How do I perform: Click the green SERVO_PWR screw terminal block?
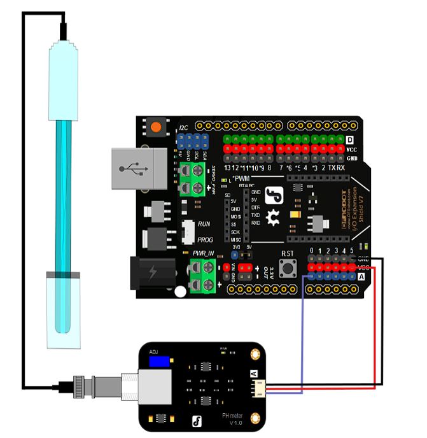point(193,178)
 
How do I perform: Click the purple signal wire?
point(302,337)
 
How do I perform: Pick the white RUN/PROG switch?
point(188,232)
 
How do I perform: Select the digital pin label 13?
point(228,167)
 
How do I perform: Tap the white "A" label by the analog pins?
point(361,277)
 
